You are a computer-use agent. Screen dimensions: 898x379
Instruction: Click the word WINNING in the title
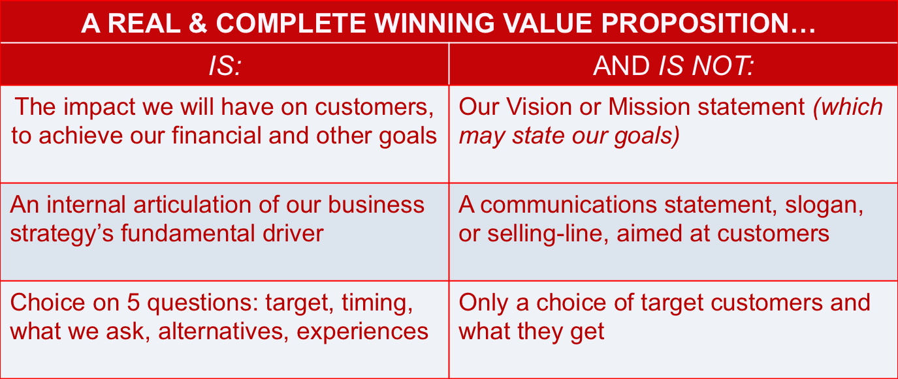pos(434,23)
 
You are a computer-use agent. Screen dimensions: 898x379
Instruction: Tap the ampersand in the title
pos(198,23)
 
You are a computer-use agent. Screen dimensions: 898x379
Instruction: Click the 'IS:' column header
pos(225,66)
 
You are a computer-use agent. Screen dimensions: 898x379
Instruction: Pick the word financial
pos(216,136)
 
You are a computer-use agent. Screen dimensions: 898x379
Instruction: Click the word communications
pos(568,205)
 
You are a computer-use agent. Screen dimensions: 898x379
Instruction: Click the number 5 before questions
pos(133,303)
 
